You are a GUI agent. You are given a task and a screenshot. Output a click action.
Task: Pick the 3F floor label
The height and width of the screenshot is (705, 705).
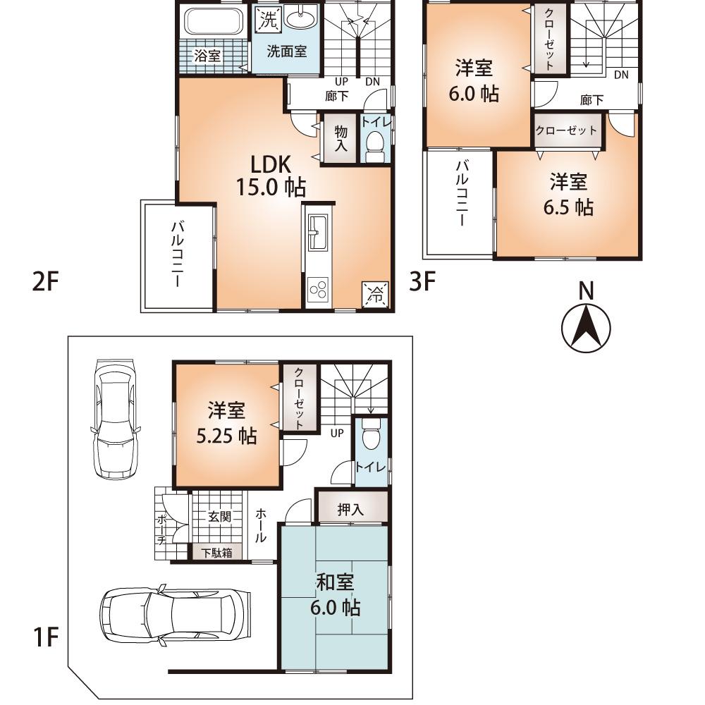[423, 283]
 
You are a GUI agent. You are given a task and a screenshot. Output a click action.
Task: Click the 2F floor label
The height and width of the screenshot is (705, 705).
[43, 283]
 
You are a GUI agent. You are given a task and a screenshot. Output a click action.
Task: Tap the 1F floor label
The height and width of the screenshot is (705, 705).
[44, 639]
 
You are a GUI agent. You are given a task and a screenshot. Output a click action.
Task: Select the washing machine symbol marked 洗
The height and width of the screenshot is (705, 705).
[267, 20]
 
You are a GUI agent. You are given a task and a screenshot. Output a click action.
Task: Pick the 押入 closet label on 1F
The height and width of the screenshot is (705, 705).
[350, 510]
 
